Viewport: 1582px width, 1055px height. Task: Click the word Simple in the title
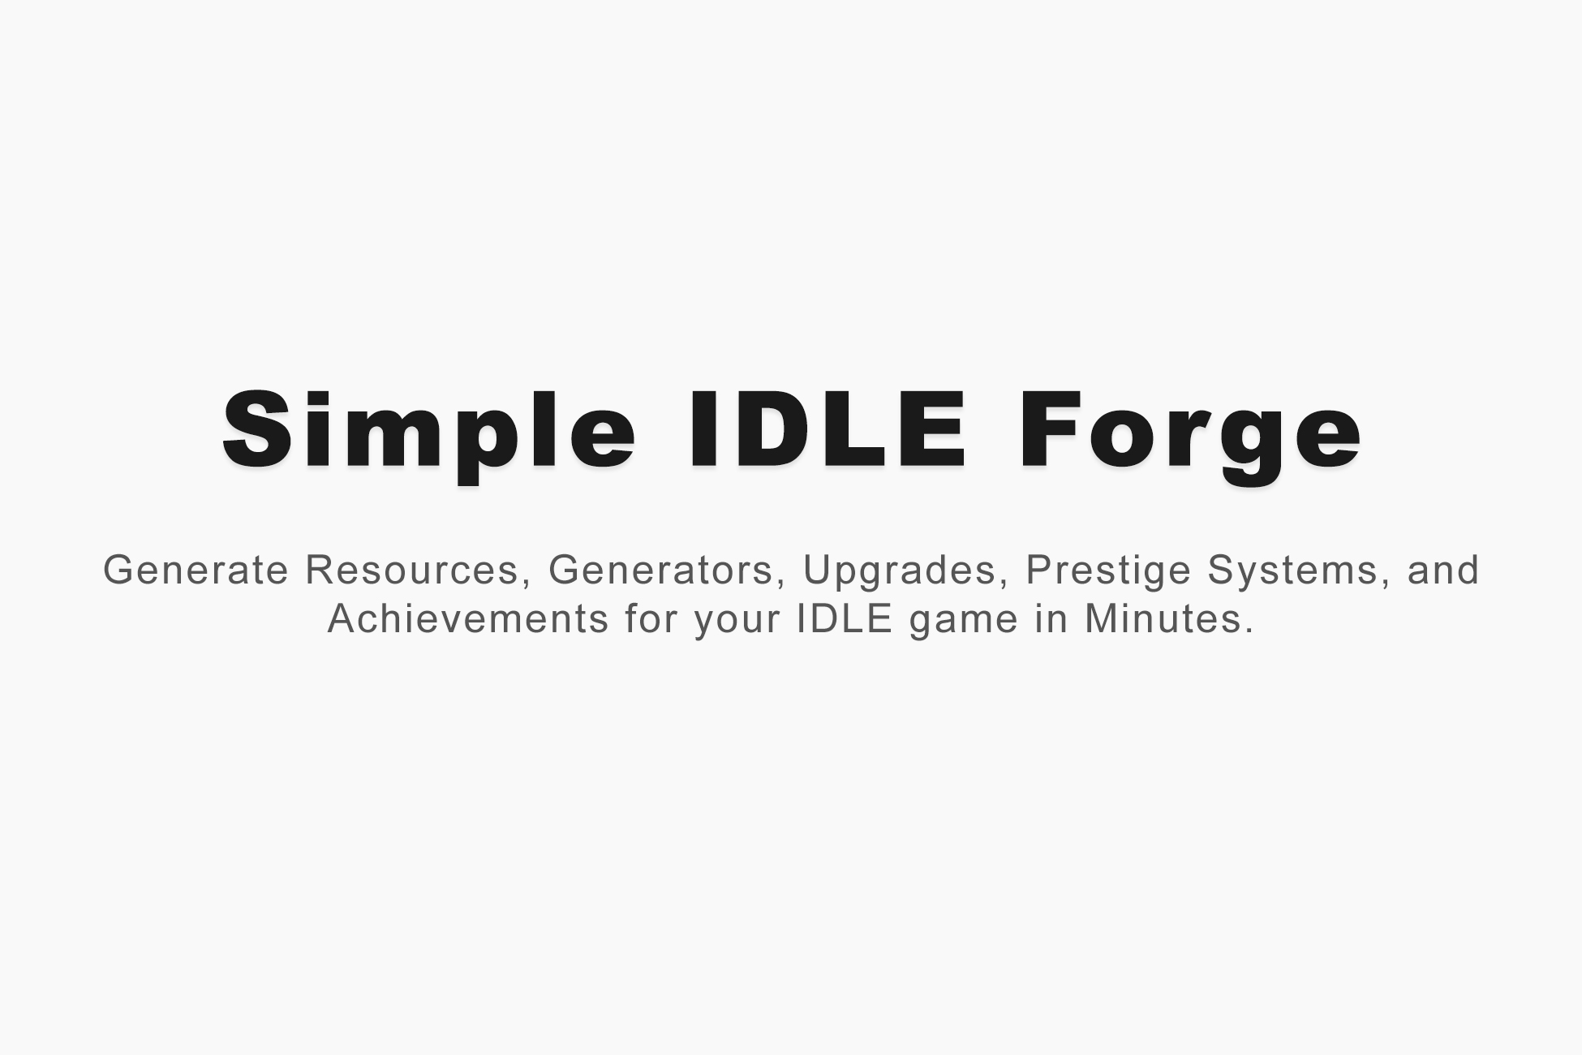pos(429,431)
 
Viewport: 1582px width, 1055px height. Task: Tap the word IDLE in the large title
pos(828,431)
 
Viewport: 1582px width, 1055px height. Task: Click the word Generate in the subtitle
pos(196,570)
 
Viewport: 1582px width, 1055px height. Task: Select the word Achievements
pos(468,619)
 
